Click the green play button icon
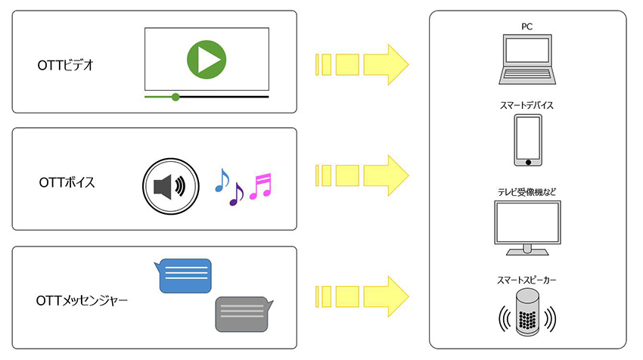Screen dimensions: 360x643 [206, 59]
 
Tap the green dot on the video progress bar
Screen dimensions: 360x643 [176, 97]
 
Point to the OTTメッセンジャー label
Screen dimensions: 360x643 [82, 301]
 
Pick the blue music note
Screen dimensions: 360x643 [221, 179]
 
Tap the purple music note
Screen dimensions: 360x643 [236, 194]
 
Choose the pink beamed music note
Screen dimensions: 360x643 [260, 185]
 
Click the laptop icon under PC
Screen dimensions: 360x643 [527, 58]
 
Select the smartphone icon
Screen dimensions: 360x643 [527, 140]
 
